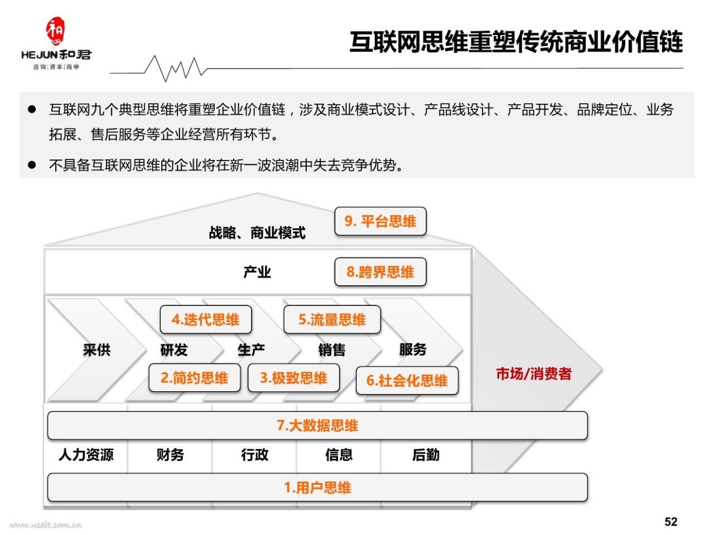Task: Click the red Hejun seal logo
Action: [55, 31]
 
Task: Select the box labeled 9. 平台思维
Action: [380, 221]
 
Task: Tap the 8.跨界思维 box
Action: [380, 272]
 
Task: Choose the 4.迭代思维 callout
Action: [206, 319]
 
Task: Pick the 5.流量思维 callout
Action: [332, 319]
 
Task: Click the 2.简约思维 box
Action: [195, 378]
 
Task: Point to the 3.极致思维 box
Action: [293, 378]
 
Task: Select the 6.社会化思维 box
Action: [407, 381]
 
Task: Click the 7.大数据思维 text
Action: [317, 425]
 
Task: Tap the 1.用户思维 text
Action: [317, 487]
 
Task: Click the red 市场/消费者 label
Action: [534, 373]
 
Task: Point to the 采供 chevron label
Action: [97, 350]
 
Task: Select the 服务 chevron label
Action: [413, 349]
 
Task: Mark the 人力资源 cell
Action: [86, 455]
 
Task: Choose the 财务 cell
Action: [170, 455]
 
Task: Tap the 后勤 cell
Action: [426, 455]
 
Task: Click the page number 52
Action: [670, 522]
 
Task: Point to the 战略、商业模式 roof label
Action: [257, 232]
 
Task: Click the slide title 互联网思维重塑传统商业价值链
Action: [516, 42]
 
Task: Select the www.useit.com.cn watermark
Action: [46, 525]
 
